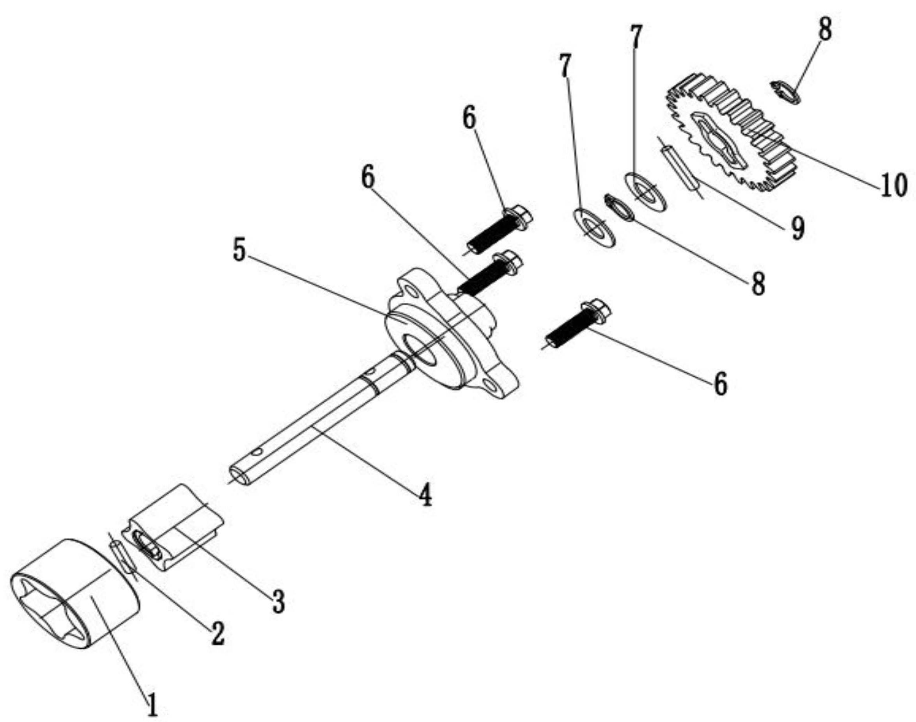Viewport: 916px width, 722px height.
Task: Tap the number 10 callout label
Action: [x=894, y=185]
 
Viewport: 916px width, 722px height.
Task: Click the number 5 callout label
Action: [x=239, y=251]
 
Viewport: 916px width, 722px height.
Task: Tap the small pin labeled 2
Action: [x=122, y=559]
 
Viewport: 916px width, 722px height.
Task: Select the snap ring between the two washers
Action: [x=619, y=207]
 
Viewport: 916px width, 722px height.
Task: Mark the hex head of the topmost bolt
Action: [x=520, y=214]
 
